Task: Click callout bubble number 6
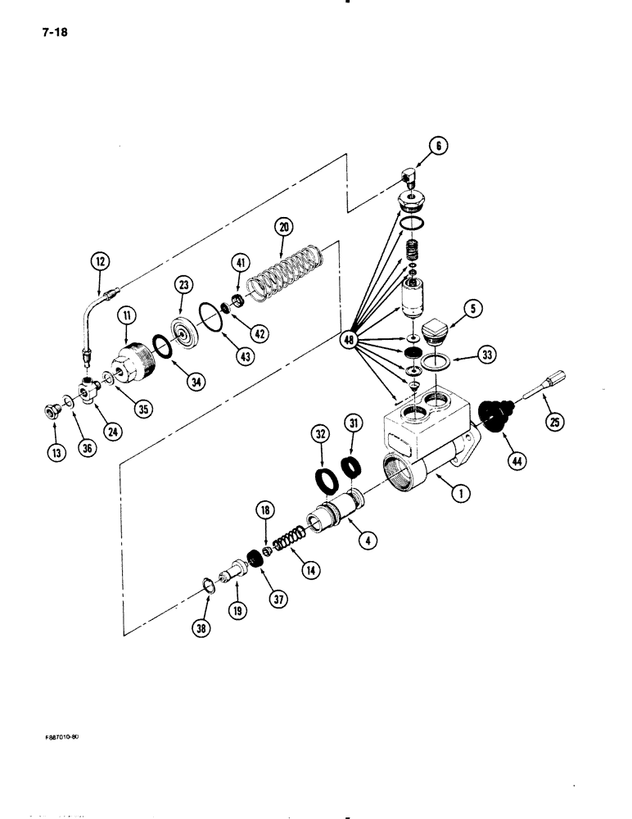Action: [x=437, y=147]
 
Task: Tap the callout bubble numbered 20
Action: [x=283, y=228]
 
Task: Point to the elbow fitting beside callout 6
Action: [x=409, y=176]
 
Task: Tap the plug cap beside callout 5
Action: [x=441, y=330]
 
